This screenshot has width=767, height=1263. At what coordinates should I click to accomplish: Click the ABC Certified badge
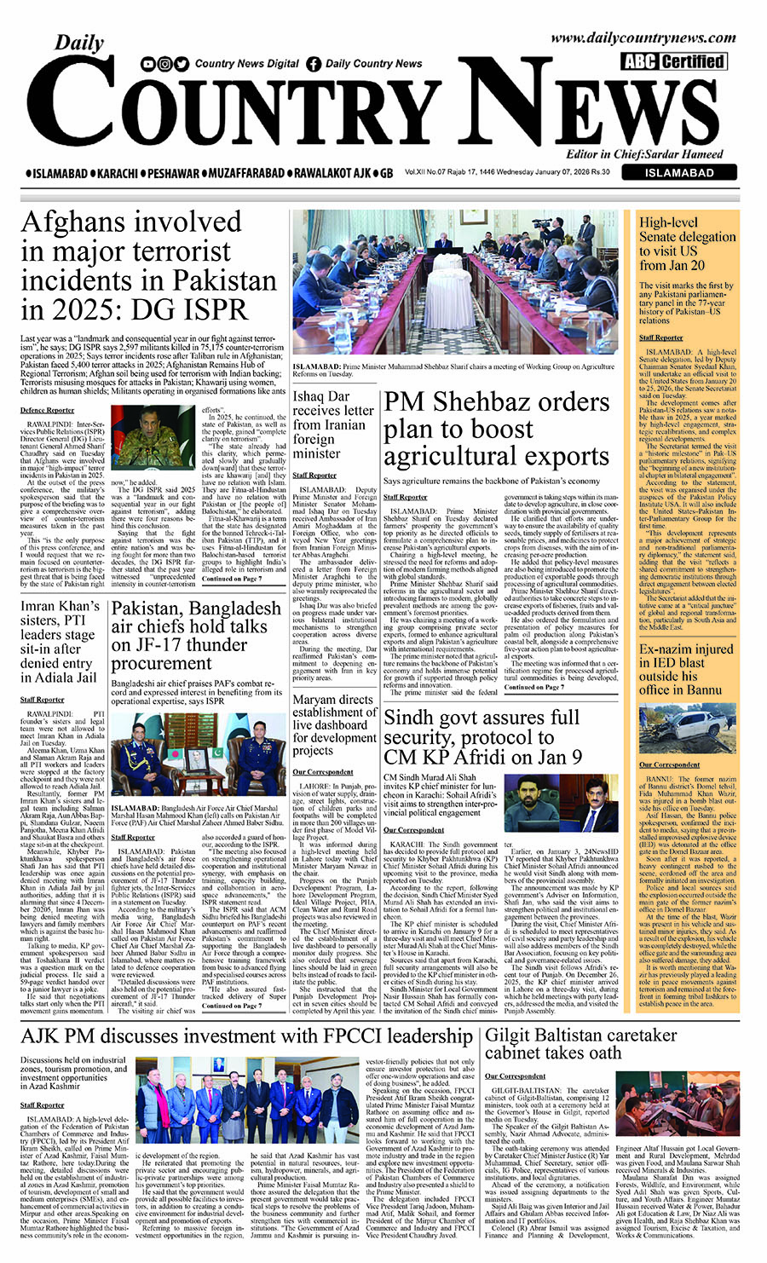click(x=673, y=61)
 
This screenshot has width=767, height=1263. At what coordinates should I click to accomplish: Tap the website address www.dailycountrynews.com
click(x=643, y=38)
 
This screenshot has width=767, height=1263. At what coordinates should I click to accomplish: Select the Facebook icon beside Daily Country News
click(x=314, y=63)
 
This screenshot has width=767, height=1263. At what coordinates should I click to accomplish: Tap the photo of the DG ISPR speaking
click(x=153, y=436)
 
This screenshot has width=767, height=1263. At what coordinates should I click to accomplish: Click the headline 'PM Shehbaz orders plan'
click(x=495, y=429)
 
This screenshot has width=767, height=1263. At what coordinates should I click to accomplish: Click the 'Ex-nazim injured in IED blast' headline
click(x=685, y=669)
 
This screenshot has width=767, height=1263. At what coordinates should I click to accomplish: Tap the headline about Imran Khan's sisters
click(x=60, y=642)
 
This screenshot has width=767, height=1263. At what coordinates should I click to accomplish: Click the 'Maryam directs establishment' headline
click(x=333, y=725)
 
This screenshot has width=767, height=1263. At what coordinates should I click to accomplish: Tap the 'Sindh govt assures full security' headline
click(x=482, y=737)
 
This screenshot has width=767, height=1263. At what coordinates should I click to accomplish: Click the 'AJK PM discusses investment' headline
click(x=247, y=1036)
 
